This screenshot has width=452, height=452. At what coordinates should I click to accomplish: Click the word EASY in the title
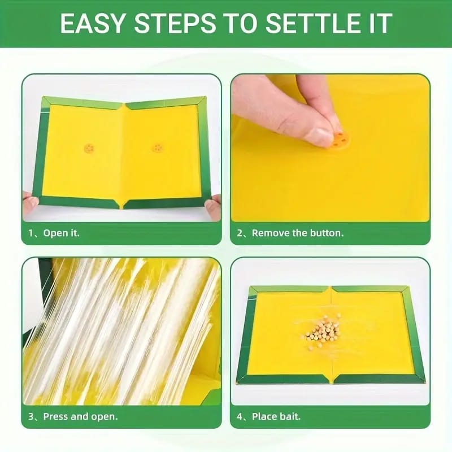coord(94,23)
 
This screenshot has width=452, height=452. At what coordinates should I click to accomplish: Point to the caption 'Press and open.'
coord(81,416)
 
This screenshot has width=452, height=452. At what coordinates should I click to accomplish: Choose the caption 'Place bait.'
coord(276,416)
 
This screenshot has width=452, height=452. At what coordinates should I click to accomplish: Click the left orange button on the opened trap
coord(89,148)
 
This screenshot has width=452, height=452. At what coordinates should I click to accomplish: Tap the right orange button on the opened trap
coord(157,148)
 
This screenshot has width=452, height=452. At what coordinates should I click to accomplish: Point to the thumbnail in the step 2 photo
coord(319,136)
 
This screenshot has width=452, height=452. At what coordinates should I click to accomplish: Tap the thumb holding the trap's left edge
coord(29,202)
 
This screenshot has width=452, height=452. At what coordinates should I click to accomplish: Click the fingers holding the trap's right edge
coord(214,206)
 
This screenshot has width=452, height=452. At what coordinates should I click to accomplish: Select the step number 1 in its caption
coord(31,233)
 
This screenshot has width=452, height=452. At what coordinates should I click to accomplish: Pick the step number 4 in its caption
coord(240,416)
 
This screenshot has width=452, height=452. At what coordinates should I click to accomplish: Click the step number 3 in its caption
coord(31,416)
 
